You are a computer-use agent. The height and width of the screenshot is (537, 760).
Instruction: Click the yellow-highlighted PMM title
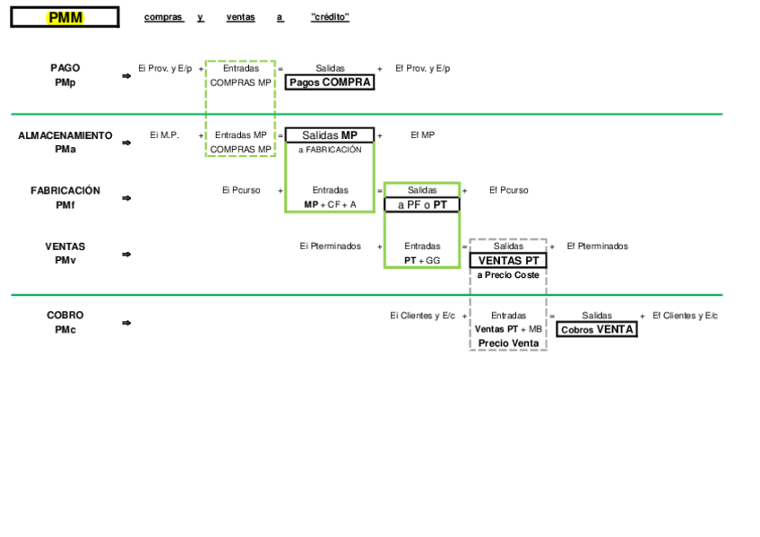click(x=65, y=17)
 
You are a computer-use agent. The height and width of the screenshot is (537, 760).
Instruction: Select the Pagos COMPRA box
click(x=330, y=82)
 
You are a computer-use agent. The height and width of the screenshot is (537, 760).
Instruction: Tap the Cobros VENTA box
click(x=597, y=329)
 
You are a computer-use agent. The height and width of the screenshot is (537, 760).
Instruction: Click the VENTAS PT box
click(x=508, y=261)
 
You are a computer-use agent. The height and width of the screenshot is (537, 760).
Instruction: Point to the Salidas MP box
click(x=329, y=135)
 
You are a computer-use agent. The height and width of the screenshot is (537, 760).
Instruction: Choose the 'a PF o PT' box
click(x=422, y=204)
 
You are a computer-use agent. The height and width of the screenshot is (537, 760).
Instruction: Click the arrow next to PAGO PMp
click(x=126, y=76)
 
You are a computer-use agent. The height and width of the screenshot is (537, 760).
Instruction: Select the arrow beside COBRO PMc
click(x=126, y=323)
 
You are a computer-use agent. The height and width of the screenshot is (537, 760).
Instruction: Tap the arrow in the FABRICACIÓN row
click(x=126, y=198)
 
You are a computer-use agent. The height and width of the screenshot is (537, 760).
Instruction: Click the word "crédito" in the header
click(x=330, y=17)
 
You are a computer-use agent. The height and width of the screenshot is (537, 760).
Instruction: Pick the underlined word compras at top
click(x=163, y=17)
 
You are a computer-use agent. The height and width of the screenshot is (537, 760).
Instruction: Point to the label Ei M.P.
click(x=164, y=135)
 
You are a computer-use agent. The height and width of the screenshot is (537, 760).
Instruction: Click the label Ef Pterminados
click(x=597, y=246)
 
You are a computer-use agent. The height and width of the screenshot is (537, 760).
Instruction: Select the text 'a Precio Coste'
click(x=508, y=275)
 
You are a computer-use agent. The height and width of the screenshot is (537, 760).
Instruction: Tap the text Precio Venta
click(x=508, y=343)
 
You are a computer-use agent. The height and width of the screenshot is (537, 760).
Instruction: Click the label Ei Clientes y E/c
click(x=422, y=316)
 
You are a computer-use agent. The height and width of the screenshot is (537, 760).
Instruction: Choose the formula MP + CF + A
click(x=330, y=204)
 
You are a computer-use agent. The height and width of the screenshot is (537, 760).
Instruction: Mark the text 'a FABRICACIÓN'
click(x=330, y=150)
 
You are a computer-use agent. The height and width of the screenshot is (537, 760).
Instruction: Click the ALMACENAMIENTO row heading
click(x=65, y=136)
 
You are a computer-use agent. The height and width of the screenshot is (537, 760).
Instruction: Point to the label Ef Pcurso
click(x=508, y=190)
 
